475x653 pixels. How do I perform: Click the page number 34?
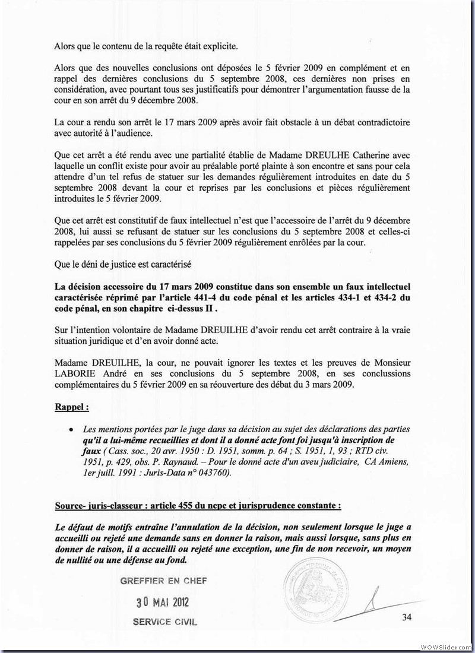tap(407, 617)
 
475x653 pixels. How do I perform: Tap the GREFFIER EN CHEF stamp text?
tap(163, 581)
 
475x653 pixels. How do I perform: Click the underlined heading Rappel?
tap(72, 408)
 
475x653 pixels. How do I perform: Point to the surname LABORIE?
tap(80, 374)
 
